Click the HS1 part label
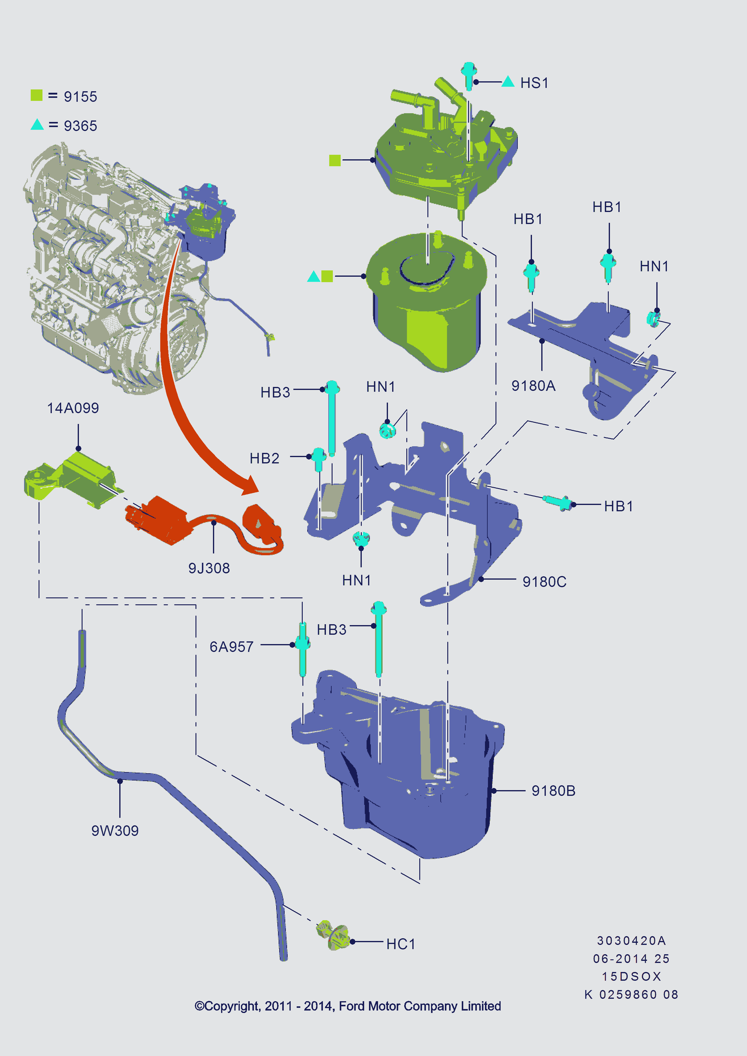[534, 83]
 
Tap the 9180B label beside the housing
[553, 791]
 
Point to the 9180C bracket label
[544, 582]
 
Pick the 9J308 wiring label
[209, 568]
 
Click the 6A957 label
[231, 647]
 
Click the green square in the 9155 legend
[36, 95]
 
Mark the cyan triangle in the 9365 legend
[37, 125]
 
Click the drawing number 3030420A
[631, 941]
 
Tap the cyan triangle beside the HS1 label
[508, 82]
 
